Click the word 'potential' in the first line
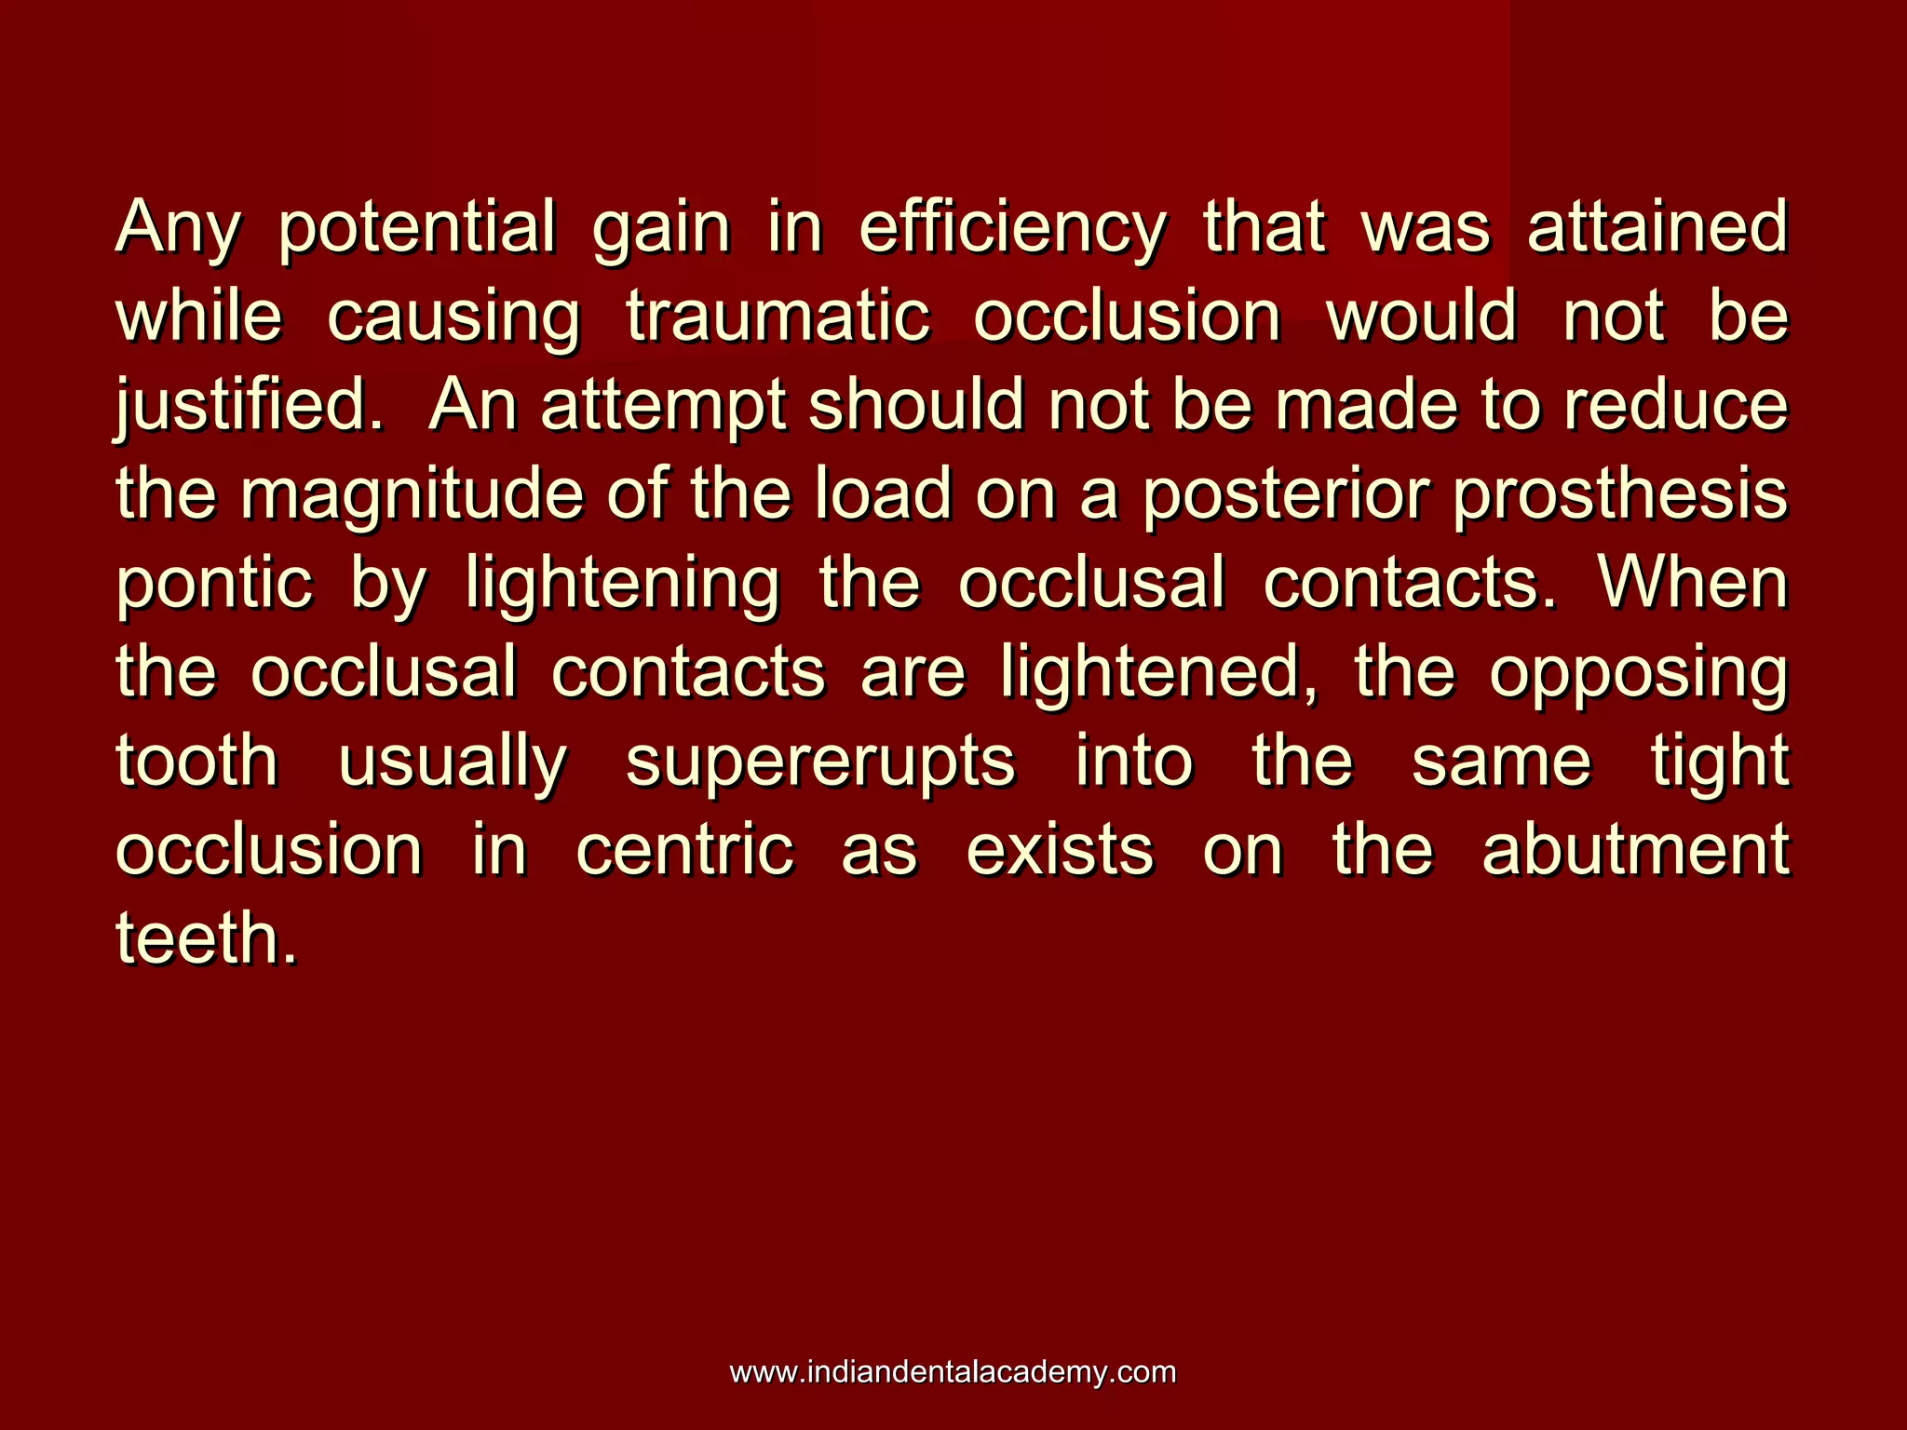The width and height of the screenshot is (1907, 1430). point(416,229)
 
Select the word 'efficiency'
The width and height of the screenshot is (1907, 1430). point(1011,229)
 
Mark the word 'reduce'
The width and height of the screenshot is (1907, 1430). point(1676,406)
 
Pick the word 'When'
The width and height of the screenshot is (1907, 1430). point(1693,583)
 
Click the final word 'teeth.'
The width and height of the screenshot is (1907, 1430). point(207,938)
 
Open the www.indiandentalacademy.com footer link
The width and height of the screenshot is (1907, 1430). point(953,1372)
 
